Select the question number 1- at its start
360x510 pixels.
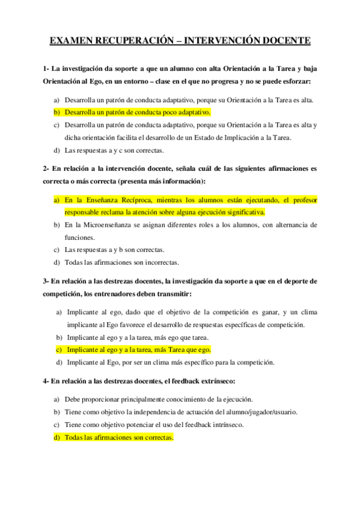point(46,67)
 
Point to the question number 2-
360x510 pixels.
point(46,168)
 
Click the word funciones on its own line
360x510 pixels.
point(81,237)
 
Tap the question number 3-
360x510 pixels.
point(46,280)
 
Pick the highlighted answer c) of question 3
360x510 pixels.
point(138,349)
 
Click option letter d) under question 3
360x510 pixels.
point(59,362)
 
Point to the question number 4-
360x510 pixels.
point(46,381)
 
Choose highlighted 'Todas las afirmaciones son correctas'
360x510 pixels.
point(119,437)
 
